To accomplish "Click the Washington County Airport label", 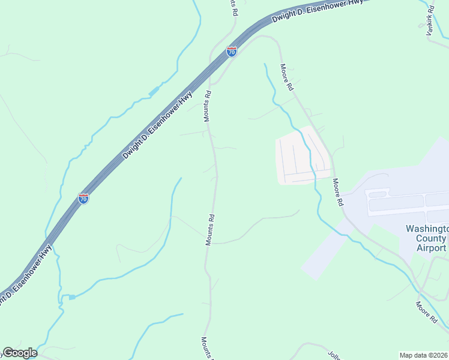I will pos(426,238).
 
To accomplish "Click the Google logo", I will pos(19,353).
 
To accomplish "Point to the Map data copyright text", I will pos(424,355).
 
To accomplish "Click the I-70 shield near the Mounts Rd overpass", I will pos(232,52).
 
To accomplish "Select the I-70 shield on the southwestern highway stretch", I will pos(83,198).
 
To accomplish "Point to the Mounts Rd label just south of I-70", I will pos(207,106).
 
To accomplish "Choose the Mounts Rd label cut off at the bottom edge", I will pos(207,348).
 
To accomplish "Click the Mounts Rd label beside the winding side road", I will pos(209,230).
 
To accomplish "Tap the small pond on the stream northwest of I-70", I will pos(154,91).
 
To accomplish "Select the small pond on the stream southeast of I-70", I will pos(72,296).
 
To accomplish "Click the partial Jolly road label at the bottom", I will pos(334,355).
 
